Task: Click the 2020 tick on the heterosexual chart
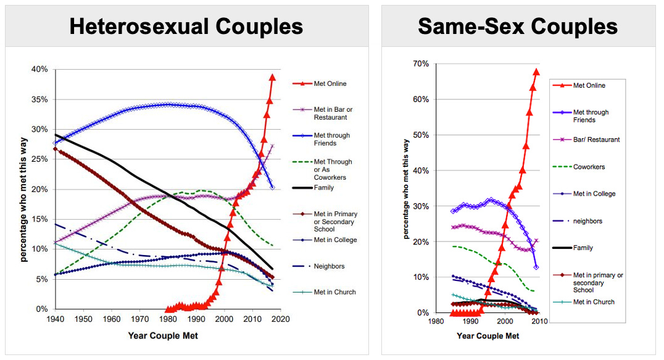(x=281, y=319)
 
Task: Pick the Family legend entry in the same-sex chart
(x=583, y=248)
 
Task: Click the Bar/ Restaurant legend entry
(x=596, y=140)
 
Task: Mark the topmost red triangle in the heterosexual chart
(x=272, y=77)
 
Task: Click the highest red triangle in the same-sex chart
(x=536, y=72)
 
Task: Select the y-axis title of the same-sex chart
(x=407, y=189)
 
